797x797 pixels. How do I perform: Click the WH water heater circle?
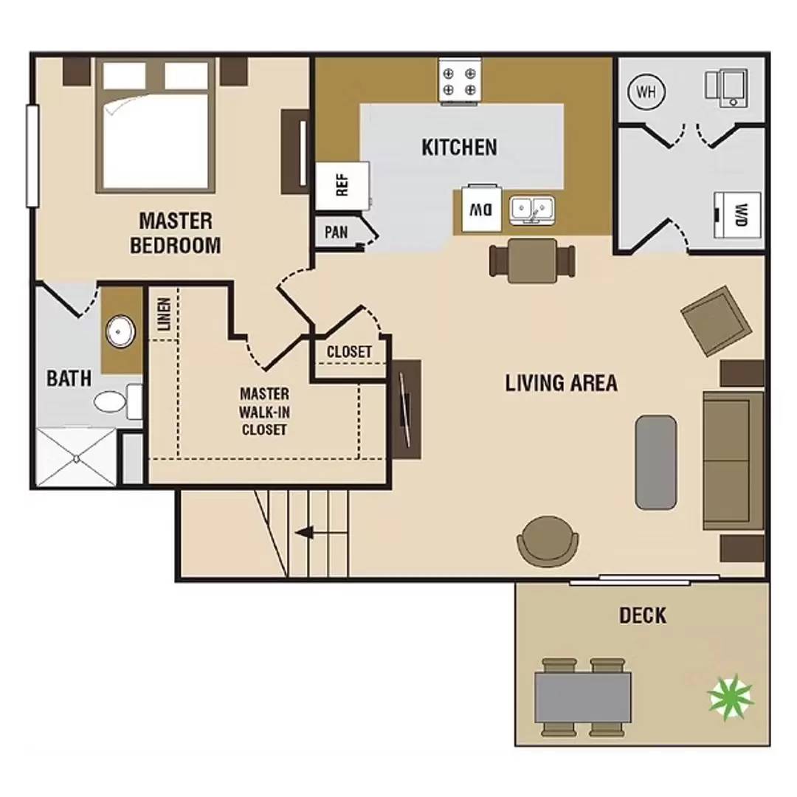coord(646,92)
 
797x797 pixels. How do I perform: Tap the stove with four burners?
coord(460,82)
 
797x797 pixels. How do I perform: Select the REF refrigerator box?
coord(342,185)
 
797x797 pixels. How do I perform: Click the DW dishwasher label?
coord(481,209)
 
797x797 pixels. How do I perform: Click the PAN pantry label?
coord(336,232)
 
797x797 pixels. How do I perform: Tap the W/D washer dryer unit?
coord(737,215)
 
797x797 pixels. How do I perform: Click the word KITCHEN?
coord(460,147)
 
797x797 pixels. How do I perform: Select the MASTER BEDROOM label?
coord(176,233)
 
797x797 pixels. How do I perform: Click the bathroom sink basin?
coord(120,331)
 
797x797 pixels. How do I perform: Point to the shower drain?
coord(76,458)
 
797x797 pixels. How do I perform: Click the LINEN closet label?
coord(164,314)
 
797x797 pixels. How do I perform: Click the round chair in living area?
coord(548,542)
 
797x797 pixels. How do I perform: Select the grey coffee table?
coord(656,462)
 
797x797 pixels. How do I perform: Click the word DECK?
coord(643,615)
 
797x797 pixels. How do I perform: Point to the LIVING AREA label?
coord(561,383)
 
